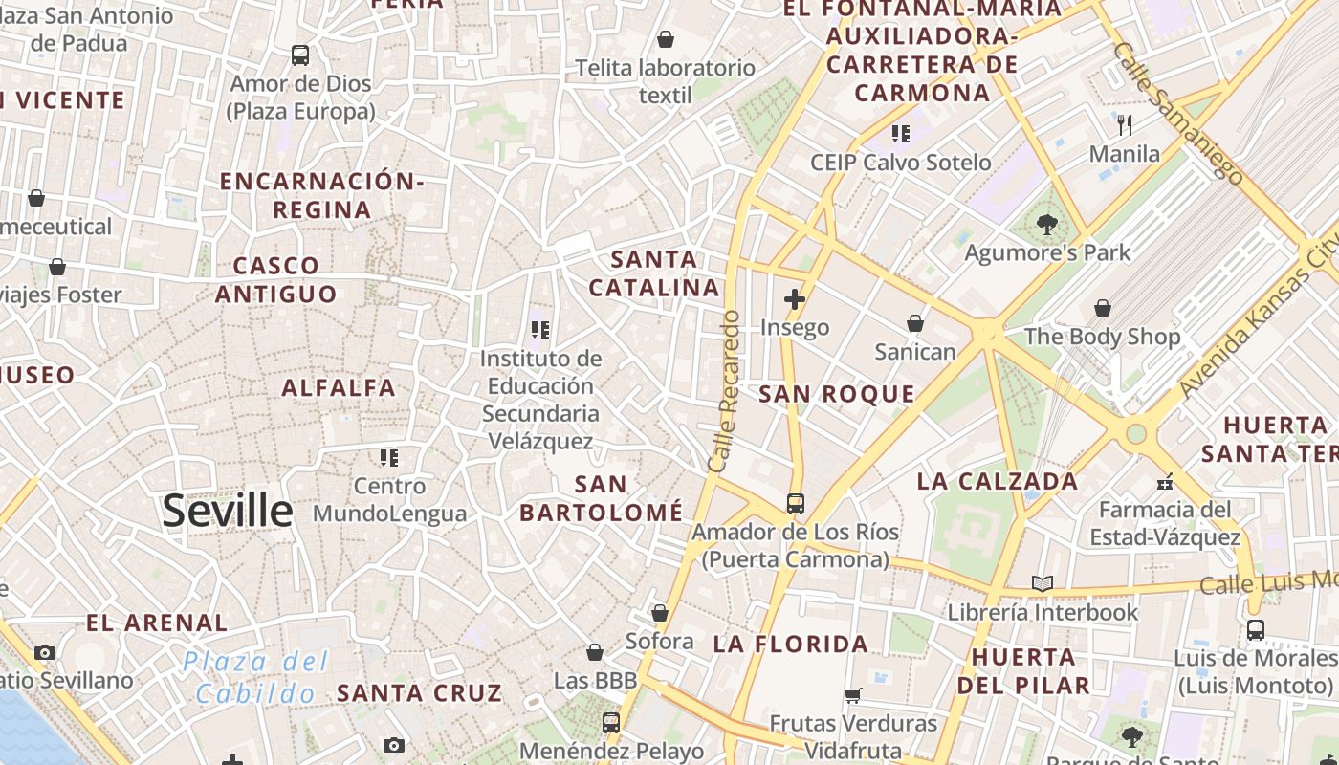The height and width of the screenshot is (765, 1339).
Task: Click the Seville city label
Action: coord(227,511)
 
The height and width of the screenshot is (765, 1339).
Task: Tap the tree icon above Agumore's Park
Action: coord(1047,226)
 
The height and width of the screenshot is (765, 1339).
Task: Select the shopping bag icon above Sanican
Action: coord(915,323)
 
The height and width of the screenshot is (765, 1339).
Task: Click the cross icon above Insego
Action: coord(794,299)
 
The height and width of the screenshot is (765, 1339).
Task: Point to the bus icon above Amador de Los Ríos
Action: coord(795,503)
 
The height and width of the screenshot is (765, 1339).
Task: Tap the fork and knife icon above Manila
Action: coord(1125,124)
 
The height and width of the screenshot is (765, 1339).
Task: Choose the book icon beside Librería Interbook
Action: coord(1042,583)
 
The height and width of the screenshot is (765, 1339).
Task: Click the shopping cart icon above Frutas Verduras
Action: coord(852,695)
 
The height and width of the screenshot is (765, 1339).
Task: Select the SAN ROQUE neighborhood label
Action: coord(837,394)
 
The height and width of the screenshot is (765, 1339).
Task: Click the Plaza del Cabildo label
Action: coord(255,677)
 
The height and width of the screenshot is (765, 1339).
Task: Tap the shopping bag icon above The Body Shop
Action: coord(1103,308)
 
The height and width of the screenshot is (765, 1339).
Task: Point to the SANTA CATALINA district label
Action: coord(654,273)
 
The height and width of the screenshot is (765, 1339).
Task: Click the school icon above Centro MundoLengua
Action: coord(388,458)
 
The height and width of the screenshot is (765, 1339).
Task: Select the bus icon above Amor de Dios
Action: coord(300,55)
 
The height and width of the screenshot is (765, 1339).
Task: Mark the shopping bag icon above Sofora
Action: coord(659,613)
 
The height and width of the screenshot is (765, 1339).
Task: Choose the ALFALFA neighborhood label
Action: coord(339,387)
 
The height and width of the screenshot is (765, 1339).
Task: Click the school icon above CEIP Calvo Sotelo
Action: coord(900,133)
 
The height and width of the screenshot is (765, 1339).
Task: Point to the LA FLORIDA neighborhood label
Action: coord(791,644)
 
